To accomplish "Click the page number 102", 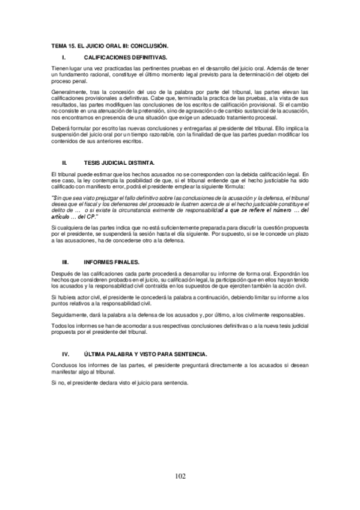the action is click(x=180, y=476).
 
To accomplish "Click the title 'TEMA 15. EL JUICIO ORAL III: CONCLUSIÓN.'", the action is click(x=110, y=45).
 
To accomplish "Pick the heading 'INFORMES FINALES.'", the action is click(x=111, y=262).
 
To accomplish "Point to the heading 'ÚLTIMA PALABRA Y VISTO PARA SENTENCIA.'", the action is click(x=147, y=355).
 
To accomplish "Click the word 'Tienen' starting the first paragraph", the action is click(x=60, y=69).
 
